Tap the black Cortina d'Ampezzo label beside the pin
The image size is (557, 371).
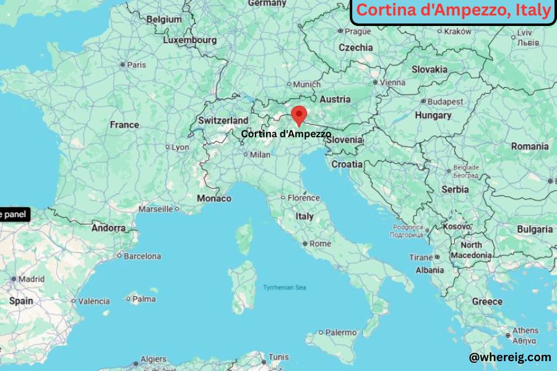pyautogui.click(x=286, y=134)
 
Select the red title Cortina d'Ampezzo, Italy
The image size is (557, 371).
pyautogui.click(x=454, y=11)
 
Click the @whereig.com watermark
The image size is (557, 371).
pyautogui.click(x=509, y=357)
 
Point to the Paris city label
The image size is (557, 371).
pyautogui.click(x=136, y=64)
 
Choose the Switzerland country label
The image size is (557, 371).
pyautogui.click(x=223, y=120)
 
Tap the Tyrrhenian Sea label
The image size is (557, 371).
pyautogui.click(x=284, y=288)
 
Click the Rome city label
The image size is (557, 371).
pyautogui.click(x=320, y=244)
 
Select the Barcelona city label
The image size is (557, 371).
pyautogui.click(x=142, y=256)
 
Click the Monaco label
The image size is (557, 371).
pyautogui.click(x=214, y=198)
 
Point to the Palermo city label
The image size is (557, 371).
pyautogui.click(x=341, y=333)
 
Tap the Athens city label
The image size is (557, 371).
pyautogui.click(x=525, y=330)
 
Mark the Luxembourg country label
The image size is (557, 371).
pyautogui.click(x=190, y=40)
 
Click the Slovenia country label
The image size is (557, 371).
pyautogui.click(x=344, y=140)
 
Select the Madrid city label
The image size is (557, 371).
pyautogui.click(x=31, y=279)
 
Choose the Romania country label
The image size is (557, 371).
pyautogui.click(x=530, y=147)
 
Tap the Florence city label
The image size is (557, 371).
pyautogui.click(x=303, y=198)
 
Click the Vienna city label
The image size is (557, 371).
pyautogui.click(x=393, y=82)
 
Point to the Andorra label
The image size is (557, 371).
pyautogui.click(x=108, y=228)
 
